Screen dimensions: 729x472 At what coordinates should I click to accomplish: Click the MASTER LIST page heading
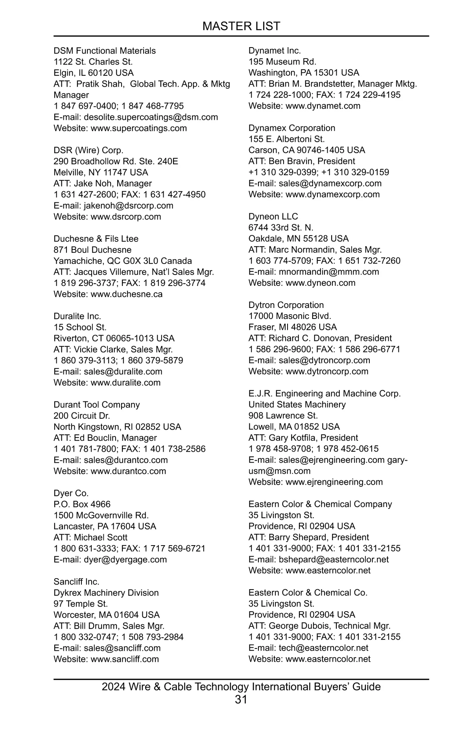[x=241, y=26]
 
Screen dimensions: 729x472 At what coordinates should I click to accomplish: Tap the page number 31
[x=241, y=699]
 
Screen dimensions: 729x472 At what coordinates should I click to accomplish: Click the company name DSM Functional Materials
[x=105, y=51]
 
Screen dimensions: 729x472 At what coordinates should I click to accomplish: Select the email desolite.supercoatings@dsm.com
[x=151, y=117]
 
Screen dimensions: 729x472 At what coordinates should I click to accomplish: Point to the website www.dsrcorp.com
[x=126, y=217]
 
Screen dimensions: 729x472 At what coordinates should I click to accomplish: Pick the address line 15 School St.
[x=80, y=327]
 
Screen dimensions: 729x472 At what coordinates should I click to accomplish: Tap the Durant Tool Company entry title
[x=97, y=405]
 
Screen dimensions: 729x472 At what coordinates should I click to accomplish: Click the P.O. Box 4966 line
[x=82, y=504]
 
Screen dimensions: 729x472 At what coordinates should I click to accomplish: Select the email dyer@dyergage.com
[x=125, y=559]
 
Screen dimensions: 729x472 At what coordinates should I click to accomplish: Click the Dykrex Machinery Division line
[x=106, y=593]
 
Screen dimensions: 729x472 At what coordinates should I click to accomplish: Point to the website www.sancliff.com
[x=125, y=659]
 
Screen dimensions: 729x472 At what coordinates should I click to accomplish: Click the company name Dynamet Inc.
[x=275, y=51]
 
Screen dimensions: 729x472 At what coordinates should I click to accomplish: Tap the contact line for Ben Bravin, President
[x=302, y=161]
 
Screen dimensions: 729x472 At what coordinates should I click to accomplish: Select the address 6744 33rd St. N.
[x=281, y=227]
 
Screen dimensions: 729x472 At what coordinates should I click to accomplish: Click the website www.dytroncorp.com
[x=327, y=371]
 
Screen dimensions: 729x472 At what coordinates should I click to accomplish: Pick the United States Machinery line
[x=297, y=405]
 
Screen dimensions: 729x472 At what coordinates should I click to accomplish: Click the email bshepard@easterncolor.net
[x=334, y=559]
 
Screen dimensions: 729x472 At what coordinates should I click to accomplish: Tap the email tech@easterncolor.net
[x=323, y=648]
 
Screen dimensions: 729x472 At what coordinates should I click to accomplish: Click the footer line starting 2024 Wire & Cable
[x=241, y=687]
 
